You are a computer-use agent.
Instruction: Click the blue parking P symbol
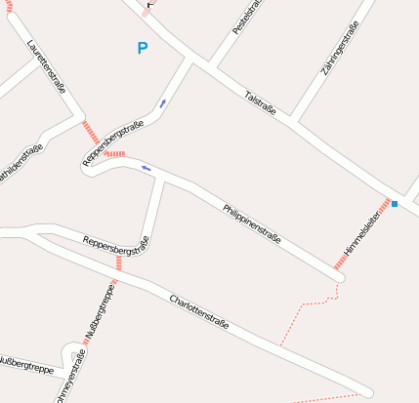143,48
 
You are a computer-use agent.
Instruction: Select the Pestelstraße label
244,18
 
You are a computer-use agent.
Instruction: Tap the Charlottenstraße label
198,310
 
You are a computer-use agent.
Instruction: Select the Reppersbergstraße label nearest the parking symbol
114,142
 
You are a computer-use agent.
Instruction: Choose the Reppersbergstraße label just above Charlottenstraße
115,244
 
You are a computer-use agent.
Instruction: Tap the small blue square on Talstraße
396,204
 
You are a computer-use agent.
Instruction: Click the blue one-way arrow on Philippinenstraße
147,168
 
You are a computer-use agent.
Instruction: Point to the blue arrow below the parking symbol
162,102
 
